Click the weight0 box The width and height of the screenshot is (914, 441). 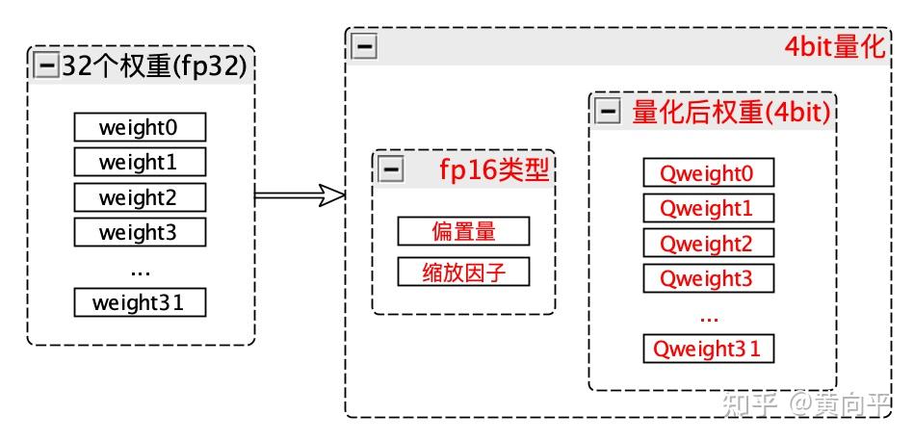[x=140, y=127]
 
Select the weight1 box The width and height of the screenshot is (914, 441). [x=140, y=162]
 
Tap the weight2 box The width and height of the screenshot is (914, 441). [x=140, y=197]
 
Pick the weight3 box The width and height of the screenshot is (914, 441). [x=140, y=232]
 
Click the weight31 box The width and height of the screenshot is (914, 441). [x=140, y=303]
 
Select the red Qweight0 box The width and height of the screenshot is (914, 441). [x=708, y=173]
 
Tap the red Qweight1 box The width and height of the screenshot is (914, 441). [x=708, y=208]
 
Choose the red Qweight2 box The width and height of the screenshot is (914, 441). [x=708, y=244]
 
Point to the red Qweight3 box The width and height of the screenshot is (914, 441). [x=708, y=278]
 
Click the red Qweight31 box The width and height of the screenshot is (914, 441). [x=708, y=349]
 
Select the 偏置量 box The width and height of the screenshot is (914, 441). [x=463, y=231]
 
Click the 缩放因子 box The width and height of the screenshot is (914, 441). [x=463, y=272]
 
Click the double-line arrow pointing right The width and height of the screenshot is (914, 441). [x=300, y=196]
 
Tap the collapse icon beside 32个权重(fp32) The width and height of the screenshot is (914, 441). [x=46, y=65]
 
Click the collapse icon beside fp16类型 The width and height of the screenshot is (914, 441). [x=391, y=170]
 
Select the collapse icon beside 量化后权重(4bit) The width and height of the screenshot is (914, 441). [x=607, y=112]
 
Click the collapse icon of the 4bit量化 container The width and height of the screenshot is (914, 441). [x=364, y=47]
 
